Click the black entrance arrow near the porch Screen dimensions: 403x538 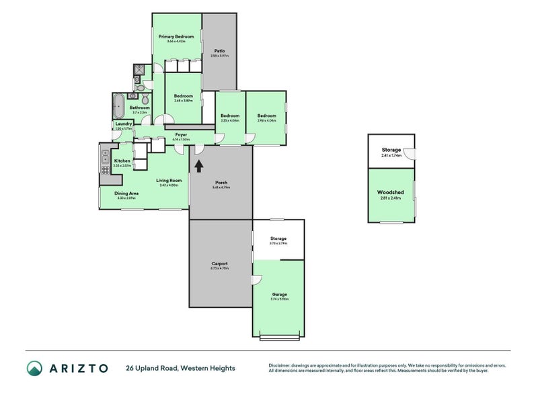click(x=198, y=164)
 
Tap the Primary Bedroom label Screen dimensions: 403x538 click(x=176, y=36)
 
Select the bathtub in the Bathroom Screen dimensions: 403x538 click(x=119, y=105)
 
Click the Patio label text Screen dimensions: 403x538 click(x=219, y=51)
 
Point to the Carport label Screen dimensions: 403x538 click(x=219, y=263)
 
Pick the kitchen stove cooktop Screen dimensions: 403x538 click(x=105, y=170)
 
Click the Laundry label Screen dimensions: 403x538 click(x=123, y=124)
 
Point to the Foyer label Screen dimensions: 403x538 click(x=181, y=134)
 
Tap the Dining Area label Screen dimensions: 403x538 click(x=126, y=193)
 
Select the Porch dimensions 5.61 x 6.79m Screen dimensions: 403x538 click(x=221, y=187)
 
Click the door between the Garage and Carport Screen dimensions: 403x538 click(x=256, y=279)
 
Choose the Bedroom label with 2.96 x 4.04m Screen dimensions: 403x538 click(x=266, y=116)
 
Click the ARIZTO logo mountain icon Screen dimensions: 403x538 click(x=34, y=367)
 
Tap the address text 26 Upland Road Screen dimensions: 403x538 click(x=153, y=368)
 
